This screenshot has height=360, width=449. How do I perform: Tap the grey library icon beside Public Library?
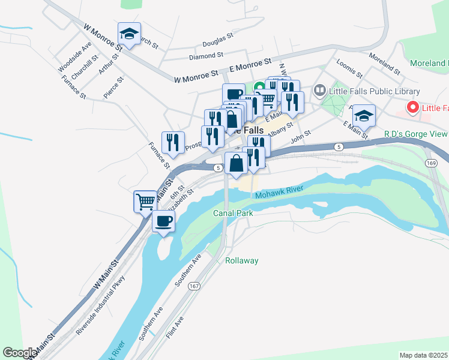(x=320, y=91)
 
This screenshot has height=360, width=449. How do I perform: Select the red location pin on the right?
(x=412, y=107)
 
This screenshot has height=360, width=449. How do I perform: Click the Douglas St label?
(x=217, y=41)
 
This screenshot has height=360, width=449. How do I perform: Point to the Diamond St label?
(x=206, y=56)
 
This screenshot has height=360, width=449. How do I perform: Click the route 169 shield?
(x=430, y=163)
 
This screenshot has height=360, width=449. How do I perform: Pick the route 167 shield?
(x=193, y=286)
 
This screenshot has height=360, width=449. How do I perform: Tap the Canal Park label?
(x=233, y=213)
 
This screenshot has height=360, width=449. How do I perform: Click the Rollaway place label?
(x=242, y=260)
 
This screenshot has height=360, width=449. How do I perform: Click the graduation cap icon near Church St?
(x=129, y=34)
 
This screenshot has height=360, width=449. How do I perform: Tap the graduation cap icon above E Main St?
(x=364, y=114)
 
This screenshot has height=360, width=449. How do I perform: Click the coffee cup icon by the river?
(x=163, y=221)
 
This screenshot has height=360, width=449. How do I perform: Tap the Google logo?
(x=20, y=353)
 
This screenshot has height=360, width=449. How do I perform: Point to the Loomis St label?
(x=350, y=68)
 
